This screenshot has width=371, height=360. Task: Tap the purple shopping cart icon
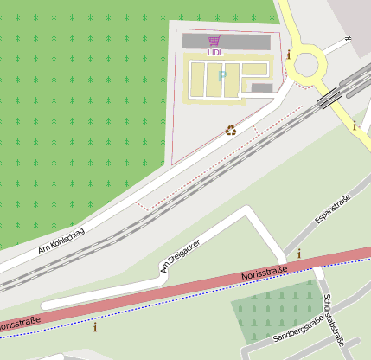point(214,41)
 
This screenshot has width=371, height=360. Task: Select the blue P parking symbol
point(221,76)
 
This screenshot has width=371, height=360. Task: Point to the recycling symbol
point(231,130)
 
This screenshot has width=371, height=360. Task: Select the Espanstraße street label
point(333,211)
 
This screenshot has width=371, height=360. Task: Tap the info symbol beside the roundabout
point(288,54)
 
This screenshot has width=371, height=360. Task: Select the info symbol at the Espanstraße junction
point(299,254)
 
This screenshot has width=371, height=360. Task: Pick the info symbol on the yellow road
point(354,125)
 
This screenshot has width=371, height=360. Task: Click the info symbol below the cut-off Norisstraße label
point(95,326)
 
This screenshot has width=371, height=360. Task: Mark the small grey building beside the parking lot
point(262,87)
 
